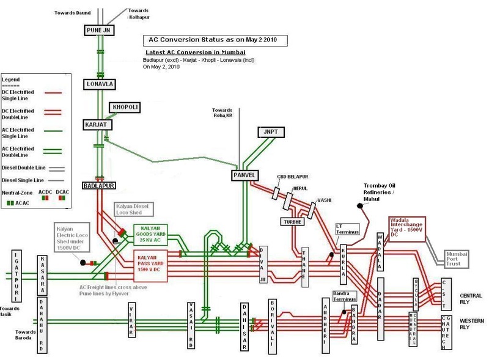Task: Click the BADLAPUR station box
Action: (99, 184)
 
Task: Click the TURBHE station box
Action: (292, 221)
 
